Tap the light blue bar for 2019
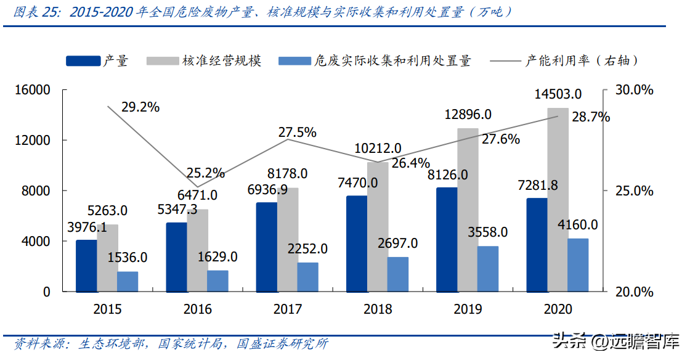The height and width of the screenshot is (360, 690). pyautogui.click(x=487, y=269)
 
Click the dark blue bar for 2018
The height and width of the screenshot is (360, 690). pyautogui.click(x=356, y=244)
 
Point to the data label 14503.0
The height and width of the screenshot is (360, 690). pyautogui.click(x=558, y=94)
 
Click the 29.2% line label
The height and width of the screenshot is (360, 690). pyautogui.click(x=140, y=107)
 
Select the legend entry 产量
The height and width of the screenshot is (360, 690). pyautogui.click(x=115, y=60)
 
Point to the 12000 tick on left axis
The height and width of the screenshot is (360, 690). pyautogui.click(x=33, y=141)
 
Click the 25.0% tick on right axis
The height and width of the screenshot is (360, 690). pyautogui.click(x=635, y=190)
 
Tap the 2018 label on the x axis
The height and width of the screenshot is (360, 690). pyautogui.click(x=377, y=309)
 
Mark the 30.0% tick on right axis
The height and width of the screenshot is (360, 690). pyautogui.click(x=635, y=90)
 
